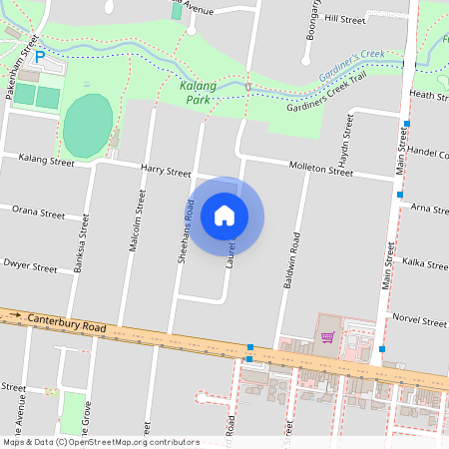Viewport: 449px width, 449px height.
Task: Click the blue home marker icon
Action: (x=224, y=216)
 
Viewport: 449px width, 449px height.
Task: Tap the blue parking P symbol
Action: (x=40, y=57)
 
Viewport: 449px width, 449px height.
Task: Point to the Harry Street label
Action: (x=165, y=172)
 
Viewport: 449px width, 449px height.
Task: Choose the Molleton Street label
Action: (x=320, y=169)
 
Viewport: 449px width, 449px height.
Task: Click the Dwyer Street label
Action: (x=31, y=267)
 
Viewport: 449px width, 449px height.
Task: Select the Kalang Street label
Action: (x=47, y=160)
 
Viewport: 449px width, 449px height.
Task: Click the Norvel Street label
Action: (x=419, y=321)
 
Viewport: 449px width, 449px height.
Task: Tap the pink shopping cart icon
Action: (x=327, y=336)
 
